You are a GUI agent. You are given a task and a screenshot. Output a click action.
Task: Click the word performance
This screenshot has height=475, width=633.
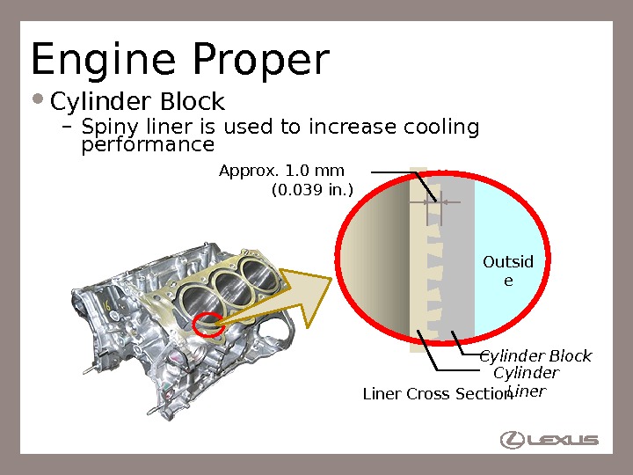click(x=148, y=144)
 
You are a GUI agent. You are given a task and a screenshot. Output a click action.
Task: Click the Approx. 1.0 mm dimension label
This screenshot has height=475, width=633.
click(x=281, y=170)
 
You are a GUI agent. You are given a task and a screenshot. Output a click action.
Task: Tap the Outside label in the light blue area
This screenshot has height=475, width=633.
click(x=509, y=271)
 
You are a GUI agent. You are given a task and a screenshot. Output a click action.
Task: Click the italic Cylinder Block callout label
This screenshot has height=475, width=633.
click(x=535, y=356)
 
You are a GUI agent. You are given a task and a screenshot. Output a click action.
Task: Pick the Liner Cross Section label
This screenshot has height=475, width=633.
click(x=437, y=394)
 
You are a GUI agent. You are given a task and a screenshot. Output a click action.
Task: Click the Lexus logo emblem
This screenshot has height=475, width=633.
click(x=513, y=440)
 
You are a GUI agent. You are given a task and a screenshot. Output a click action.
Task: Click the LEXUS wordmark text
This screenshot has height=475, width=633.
click(x=564, y=440)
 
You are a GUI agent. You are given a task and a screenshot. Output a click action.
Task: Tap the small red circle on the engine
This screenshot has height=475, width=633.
click(x=210, y=323)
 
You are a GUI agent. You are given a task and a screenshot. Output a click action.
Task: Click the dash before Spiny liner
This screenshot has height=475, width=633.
click(x=67, y=128)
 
